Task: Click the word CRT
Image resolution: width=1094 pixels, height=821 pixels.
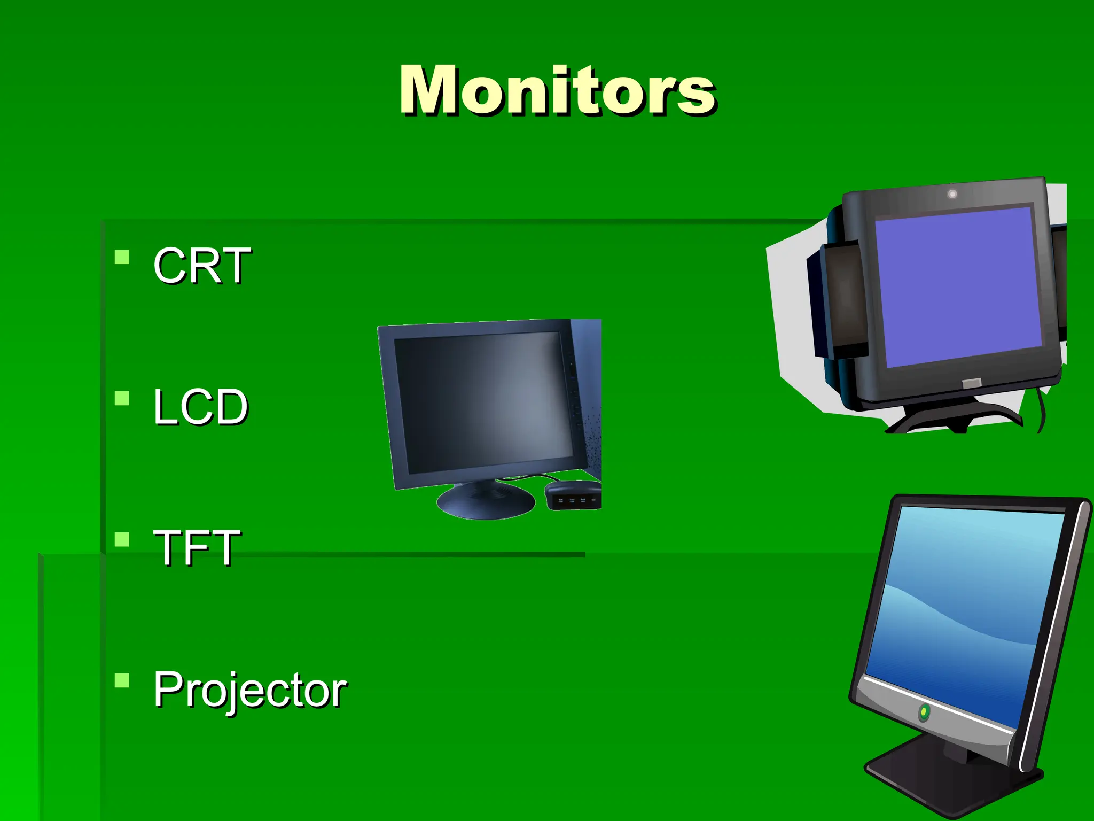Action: [x=202, y=266]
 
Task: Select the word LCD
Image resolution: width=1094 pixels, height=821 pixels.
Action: [x=201, y=407]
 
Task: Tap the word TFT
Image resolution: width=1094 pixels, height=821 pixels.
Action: [x=197, y=547]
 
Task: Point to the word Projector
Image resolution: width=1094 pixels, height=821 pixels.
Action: [x=250, y=690]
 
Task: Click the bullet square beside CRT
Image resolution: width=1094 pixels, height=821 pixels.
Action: [x=122, y=258]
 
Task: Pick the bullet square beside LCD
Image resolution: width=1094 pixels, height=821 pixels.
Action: [x=122, y=399]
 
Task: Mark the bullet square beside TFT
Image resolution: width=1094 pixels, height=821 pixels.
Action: [x=122, y=539]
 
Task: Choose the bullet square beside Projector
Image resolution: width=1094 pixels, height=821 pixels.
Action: [x=122, y=680]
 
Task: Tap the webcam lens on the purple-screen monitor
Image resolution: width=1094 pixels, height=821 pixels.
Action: [x=952, y=194]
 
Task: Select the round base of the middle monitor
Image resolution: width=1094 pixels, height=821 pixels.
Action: [x=485, y=502]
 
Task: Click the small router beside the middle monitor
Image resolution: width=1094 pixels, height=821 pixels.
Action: [x=573, y=494]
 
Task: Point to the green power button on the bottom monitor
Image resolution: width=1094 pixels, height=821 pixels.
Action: [x=924, y=712]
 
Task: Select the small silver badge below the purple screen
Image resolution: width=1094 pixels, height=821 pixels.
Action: [x=971, y=383]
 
